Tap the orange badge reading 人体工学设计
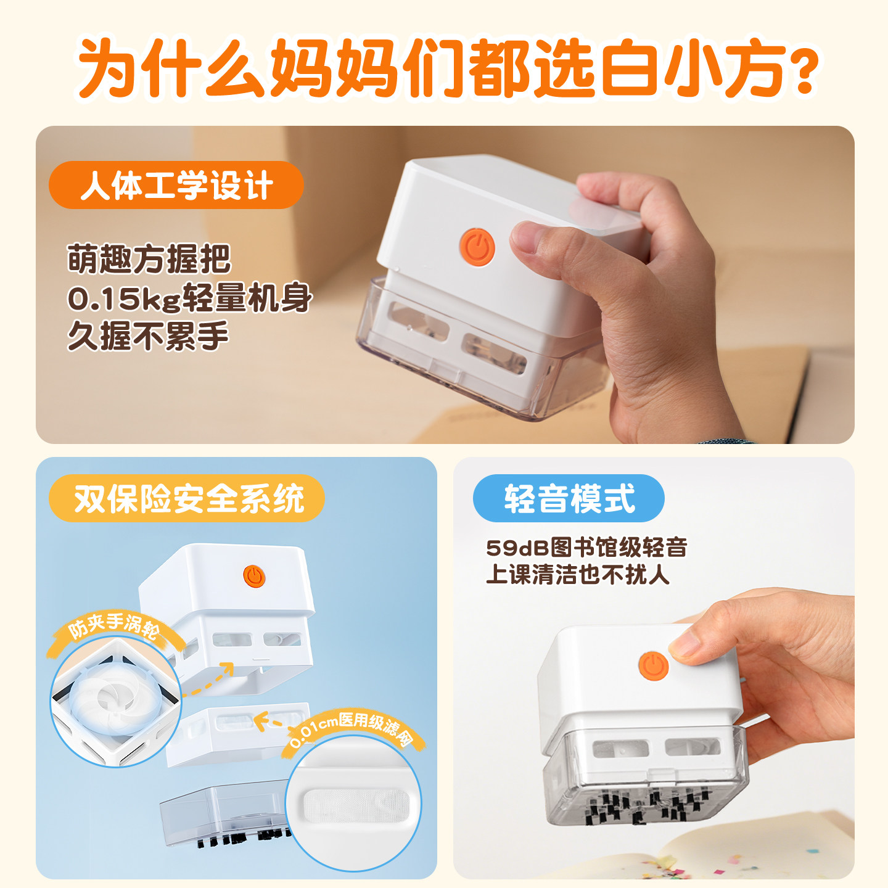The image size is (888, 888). point(176,185)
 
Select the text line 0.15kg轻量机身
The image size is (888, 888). point(189,298)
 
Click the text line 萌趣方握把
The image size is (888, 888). point(149,259)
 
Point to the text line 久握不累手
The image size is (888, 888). point(148,337)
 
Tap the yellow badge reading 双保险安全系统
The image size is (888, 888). point(187,498)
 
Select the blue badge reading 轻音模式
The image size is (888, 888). point(568,498)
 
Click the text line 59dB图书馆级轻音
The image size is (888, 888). point(586,547)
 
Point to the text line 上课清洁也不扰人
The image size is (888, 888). point(577,575)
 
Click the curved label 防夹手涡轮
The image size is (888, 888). point(113,626)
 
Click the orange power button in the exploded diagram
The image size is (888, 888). point(253,577)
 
